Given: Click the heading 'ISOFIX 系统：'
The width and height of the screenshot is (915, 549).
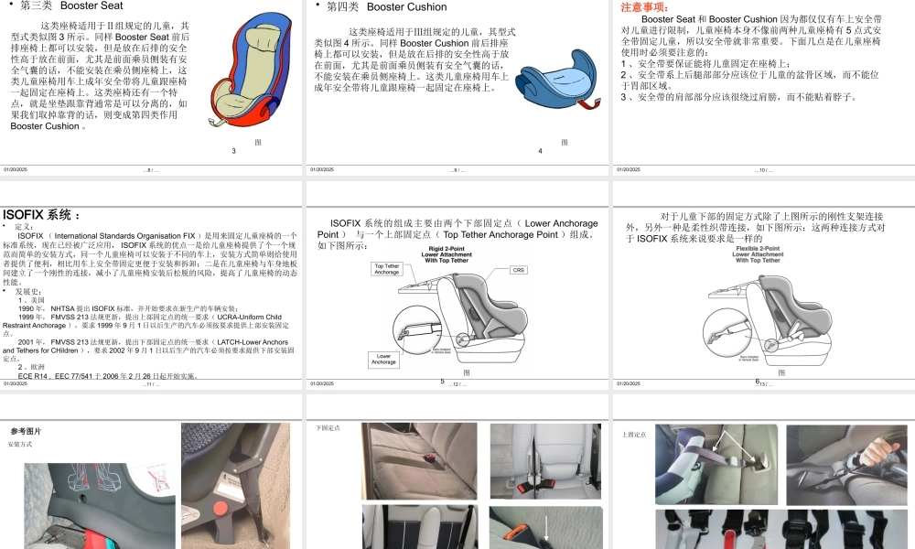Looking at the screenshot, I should tap(41, 215).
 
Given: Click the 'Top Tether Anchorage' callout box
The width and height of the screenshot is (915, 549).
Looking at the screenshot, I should tap(387, 269).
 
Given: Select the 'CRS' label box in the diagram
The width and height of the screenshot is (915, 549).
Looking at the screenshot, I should tap(519, 270).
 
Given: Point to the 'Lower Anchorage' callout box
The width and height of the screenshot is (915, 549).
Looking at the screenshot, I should tap(384, 359).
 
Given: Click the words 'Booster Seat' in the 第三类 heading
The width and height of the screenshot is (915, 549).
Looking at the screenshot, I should tap(91, 5).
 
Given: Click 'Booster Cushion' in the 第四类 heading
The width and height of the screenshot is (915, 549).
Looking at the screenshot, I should tap(406, 6).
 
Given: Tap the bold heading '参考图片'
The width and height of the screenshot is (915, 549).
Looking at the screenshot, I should tap(26, 431).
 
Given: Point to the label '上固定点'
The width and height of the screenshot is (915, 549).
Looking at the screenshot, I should tap(633, 434).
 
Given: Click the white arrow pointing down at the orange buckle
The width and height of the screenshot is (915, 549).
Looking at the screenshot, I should tap(547, 528).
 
